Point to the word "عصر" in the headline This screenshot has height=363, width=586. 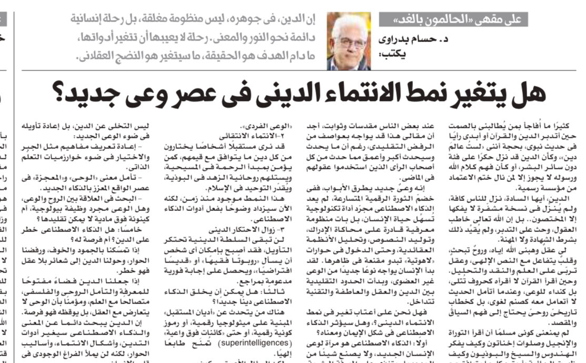coord(201,94)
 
